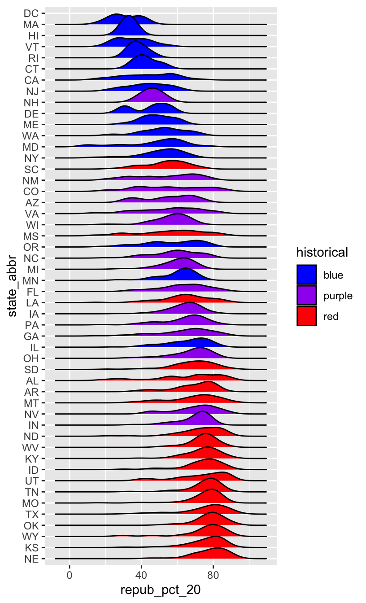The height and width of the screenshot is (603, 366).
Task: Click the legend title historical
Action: [322, 253]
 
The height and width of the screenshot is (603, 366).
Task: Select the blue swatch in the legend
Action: [307, 275]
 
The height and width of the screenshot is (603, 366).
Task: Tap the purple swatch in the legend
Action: [307, 296]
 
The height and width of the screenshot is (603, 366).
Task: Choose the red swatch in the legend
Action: [307, 316]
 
